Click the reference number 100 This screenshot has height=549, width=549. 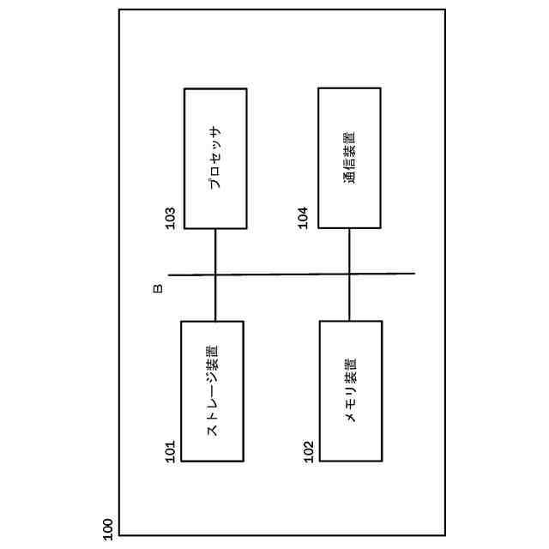click(108, 528)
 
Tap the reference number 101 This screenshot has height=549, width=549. click(170, 451)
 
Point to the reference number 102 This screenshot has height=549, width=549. click(309, 451)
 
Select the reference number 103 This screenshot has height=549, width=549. click(170, 218)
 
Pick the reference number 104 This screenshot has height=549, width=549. click(303, 218)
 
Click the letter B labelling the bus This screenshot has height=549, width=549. click(158, 288)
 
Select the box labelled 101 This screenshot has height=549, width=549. click(212, 391)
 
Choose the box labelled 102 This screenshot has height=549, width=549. click(351, 391)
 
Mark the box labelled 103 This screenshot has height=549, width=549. click(215, 159)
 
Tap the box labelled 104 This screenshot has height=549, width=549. click(349, 158)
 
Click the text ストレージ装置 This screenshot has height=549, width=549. click(212, 391)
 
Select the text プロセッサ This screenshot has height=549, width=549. click(215, 159)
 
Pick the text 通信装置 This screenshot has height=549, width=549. click(349, 158)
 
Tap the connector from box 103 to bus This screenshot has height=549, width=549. click(215, 251)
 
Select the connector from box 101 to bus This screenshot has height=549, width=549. click(215, 299)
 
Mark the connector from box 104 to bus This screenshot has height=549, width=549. click(349, 250)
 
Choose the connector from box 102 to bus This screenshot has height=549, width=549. click(349, 298)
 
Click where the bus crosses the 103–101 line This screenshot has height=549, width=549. click(215, 274)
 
